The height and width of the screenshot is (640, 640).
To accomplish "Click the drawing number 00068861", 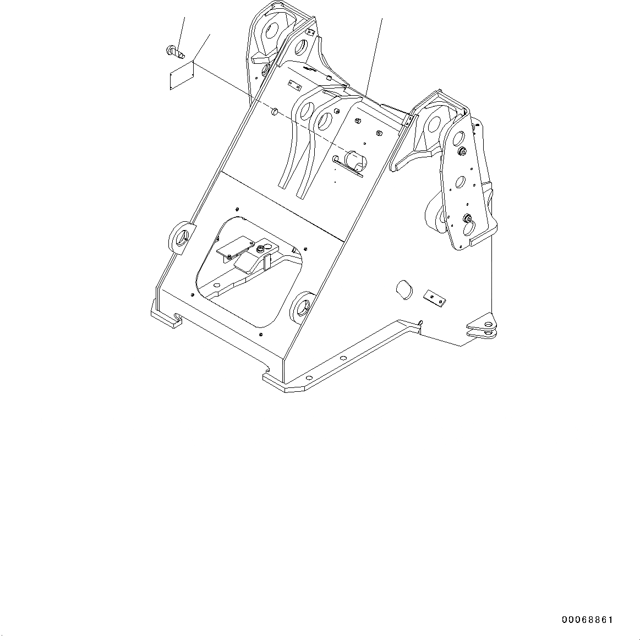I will coord(587,620).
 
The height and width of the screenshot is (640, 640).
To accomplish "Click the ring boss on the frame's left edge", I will coord(180,237).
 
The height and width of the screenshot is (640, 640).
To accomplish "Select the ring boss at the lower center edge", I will coord(302,307).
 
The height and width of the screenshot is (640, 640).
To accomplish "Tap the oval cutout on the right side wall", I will coord(405,289).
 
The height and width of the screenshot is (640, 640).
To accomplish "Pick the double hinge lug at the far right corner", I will coord(481,326).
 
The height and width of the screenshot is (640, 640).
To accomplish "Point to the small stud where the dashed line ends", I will coord(273,112).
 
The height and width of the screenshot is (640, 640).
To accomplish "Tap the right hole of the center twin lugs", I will coord(325,118).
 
